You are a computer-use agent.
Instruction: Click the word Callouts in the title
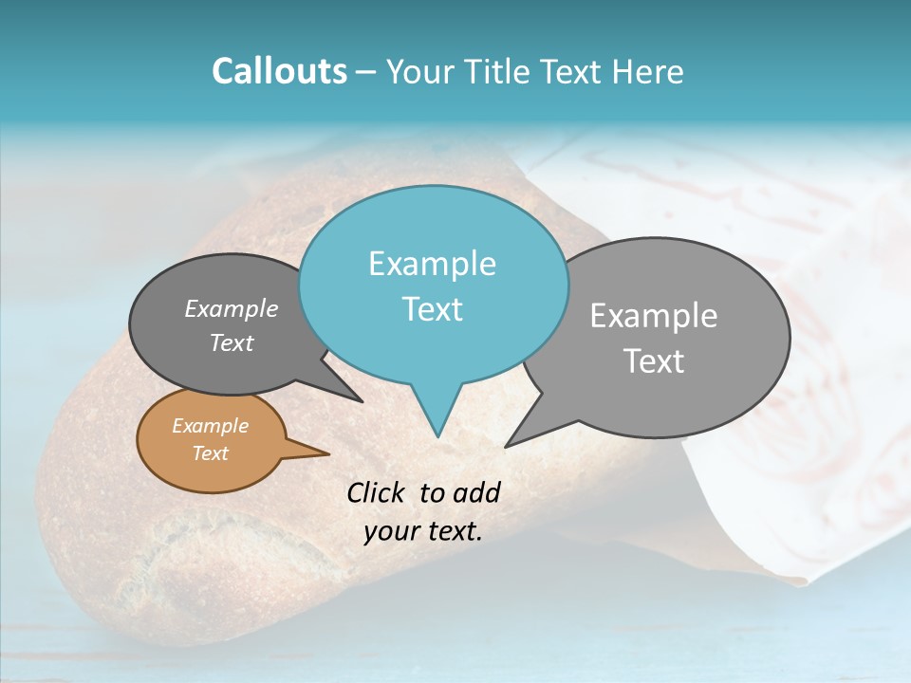coord(279,71)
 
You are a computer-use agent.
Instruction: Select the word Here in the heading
coord(649,71)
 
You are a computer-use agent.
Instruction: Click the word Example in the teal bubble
coord(432,264)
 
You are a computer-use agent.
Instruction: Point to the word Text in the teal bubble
coord(432,309)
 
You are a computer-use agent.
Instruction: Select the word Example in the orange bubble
coord(210,426)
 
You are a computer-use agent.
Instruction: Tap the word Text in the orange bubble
coord(210,453)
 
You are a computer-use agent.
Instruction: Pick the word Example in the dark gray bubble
coord(231,309)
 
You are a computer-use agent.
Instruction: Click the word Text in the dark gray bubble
coord(231,343)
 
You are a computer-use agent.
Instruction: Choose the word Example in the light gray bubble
coord(653,316)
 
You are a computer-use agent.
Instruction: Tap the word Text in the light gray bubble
coord(653,361)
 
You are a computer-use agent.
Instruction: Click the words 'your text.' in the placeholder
coord(423,531)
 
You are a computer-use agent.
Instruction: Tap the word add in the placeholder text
coord(475,492)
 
